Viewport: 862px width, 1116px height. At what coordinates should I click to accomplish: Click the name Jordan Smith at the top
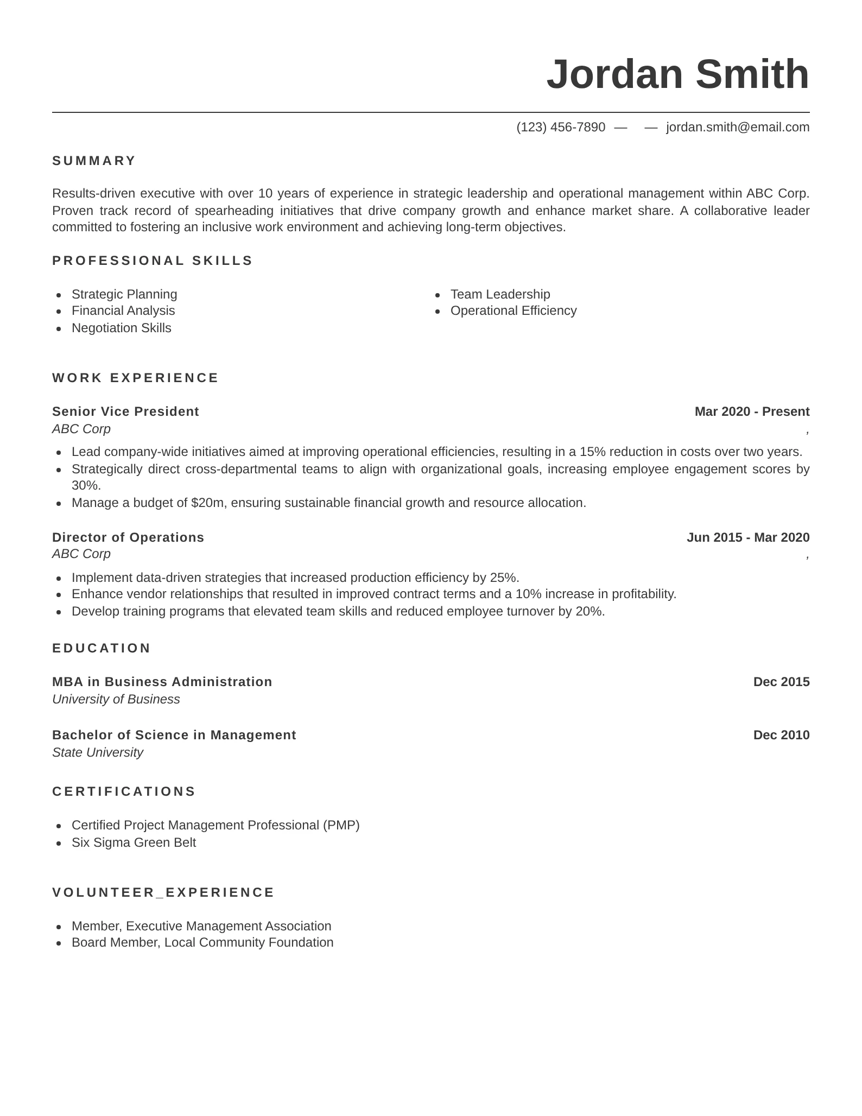[677, 74]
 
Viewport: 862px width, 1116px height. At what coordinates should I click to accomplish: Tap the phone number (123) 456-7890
[561, 127]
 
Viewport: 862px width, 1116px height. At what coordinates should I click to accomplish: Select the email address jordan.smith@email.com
[738, 127]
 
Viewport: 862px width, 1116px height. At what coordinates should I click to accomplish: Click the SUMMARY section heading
[94, 161]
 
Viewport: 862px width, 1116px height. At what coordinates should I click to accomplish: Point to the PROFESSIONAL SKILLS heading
[153, 261]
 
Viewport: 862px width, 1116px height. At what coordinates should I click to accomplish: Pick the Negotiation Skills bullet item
[121, 328]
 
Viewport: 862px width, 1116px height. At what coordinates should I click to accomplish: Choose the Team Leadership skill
[500, 294]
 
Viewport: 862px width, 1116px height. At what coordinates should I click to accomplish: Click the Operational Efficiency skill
[513, 310]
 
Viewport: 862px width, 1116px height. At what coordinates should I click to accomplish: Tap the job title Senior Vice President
[125, 411]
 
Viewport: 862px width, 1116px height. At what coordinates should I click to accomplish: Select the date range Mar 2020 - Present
[752, 411]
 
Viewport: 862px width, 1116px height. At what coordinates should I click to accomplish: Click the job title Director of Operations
[128, 537]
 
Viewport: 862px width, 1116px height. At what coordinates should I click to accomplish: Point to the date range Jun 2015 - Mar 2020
[747, 537]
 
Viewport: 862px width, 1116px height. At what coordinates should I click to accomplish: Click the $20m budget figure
[207, 503]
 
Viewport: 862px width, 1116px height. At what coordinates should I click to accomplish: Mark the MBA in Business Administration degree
[162, 682]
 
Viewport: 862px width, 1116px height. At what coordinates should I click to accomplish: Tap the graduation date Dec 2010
[781, 735]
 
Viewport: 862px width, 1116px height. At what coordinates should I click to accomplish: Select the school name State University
[98, 752]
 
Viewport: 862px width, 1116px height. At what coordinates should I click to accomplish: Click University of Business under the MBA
[116, 699]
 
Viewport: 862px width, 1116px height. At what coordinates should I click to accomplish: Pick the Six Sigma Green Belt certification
[134, 842]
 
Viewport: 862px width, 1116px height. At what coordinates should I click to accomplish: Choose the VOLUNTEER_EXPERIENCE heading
[163, 892]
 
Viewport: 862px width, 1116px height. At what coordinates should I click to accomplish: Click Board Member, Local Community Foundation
[202, 942]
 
